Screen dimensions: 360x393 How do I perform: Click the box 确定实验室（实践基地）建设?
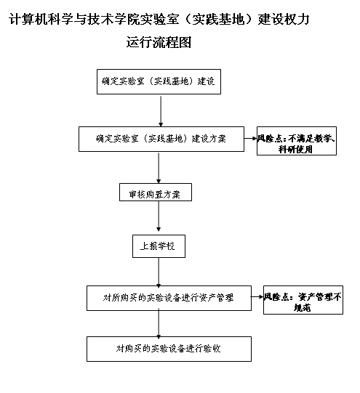pyautogui.click(x=159, y=81)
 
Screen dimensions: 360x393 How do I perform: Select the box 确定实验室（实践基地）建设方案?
pyautogui.click(x=161, y=139)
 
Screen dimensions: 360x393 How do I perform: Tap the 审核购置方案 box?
pyautogui.click(x=156, y=193)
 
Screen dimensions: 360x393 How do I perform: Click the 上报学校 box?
pyautogui.click(x=159, y=246)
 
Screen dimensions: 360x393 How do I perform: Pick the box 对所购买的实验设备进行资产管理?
pyautogui.click(x=169, y=298)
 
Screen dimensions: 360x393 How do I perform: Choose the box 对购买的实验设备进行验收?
pyautogui.click(x=169, y=349)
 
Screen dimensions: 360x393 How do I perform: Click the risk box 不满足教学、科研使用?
pyautogui.click(x=297, y=141)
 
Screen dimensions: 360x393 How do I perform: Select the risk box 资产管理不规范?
pyautogui.click(x=303, y=300)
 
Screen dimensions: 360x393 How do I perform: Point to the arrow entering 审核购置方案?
pyautogui.click(x=159, y=168)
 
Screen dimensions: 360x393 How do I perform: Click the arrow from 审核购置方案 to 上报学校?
pyautogui.click(x=159, y=216)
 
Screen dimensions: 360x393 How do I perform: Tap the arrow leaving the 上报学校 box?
pyautogui.click(x=159, y=272)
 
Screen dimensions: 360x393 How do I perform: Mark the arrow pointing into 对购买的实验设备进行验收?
pyautogui.click(x=159, y=324)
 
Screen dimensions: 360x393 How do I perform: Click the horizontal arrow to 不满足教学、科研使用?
pyautogui.click(x=251, y=138)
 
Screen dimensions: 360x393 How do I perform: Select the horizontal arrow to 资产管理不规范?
pyautogui.click(x=257, y=297)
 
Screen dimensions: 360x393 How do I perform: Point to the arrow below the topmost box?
pyautogui.click(x=161, y=111)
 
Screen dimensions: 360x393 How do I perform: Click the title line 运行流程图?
pyautogui.click(x=159, y=42)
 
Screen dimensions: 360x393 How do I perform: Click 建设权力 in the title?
pyautogui.click(x=284, y=20)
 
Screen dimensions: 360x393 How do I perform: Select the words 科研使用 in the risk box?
pyautogui.click(x=295, y=150)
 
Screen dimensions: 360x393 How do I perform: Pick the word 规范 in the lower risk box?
pyautogui.click(x=303, y=307)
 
